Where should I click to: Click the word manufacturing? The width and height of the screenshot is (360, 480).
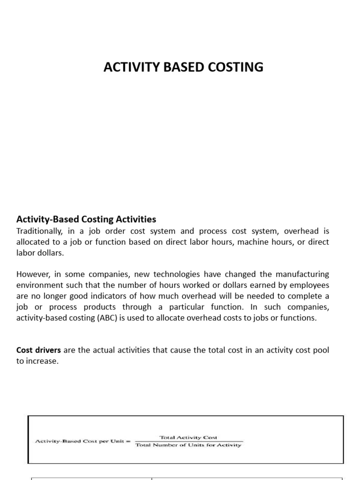[302, 274]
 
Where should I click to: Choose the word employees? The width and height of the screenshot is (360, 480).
[311, 285]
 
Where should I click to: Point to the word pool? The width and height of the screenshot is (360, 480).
[321, 351]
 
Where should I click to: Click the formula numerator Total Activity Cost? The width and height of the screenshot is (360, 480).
[188, 437]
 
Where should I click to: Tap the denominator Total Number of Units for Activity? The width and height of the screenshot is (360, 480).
[188, 445]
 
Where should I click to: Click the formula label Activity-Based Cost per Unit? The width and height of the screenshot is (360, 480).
[82, 441]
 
